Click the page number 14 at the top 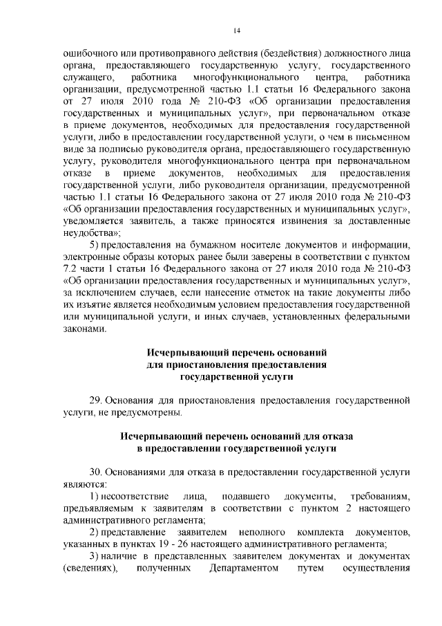point(236,30)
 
